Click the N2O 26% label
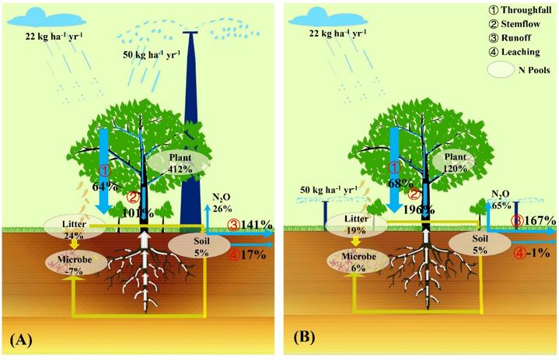[222, 203]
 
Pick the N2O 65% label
[501, 203]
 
